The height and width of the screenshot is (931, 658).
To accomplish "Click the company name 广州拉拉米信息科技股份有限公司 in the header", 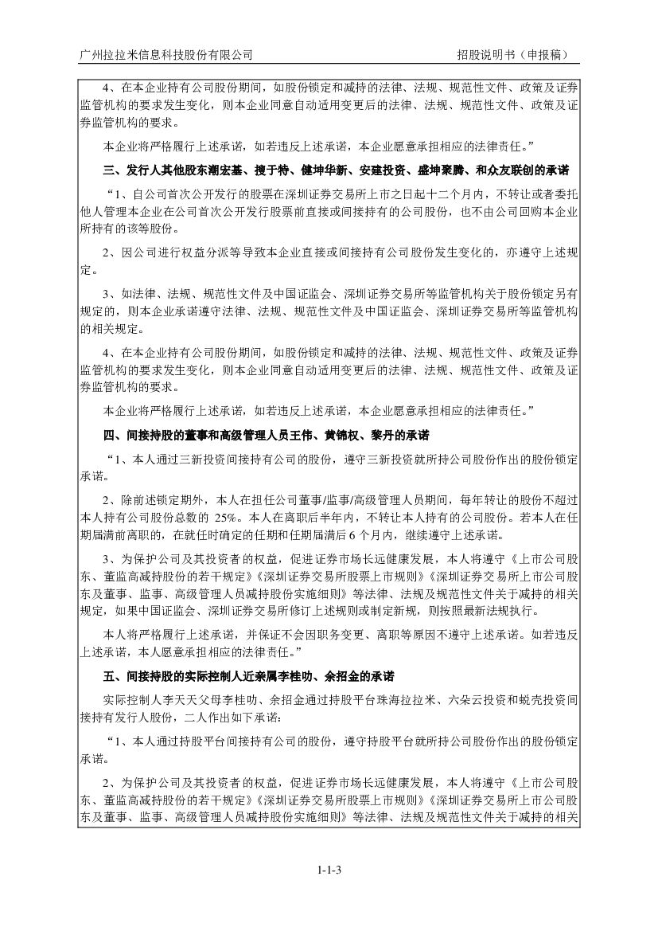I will click(x=167, y=55).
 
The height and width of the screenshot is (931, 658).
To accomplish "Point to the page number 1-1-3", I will click(x=329, y=869).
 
